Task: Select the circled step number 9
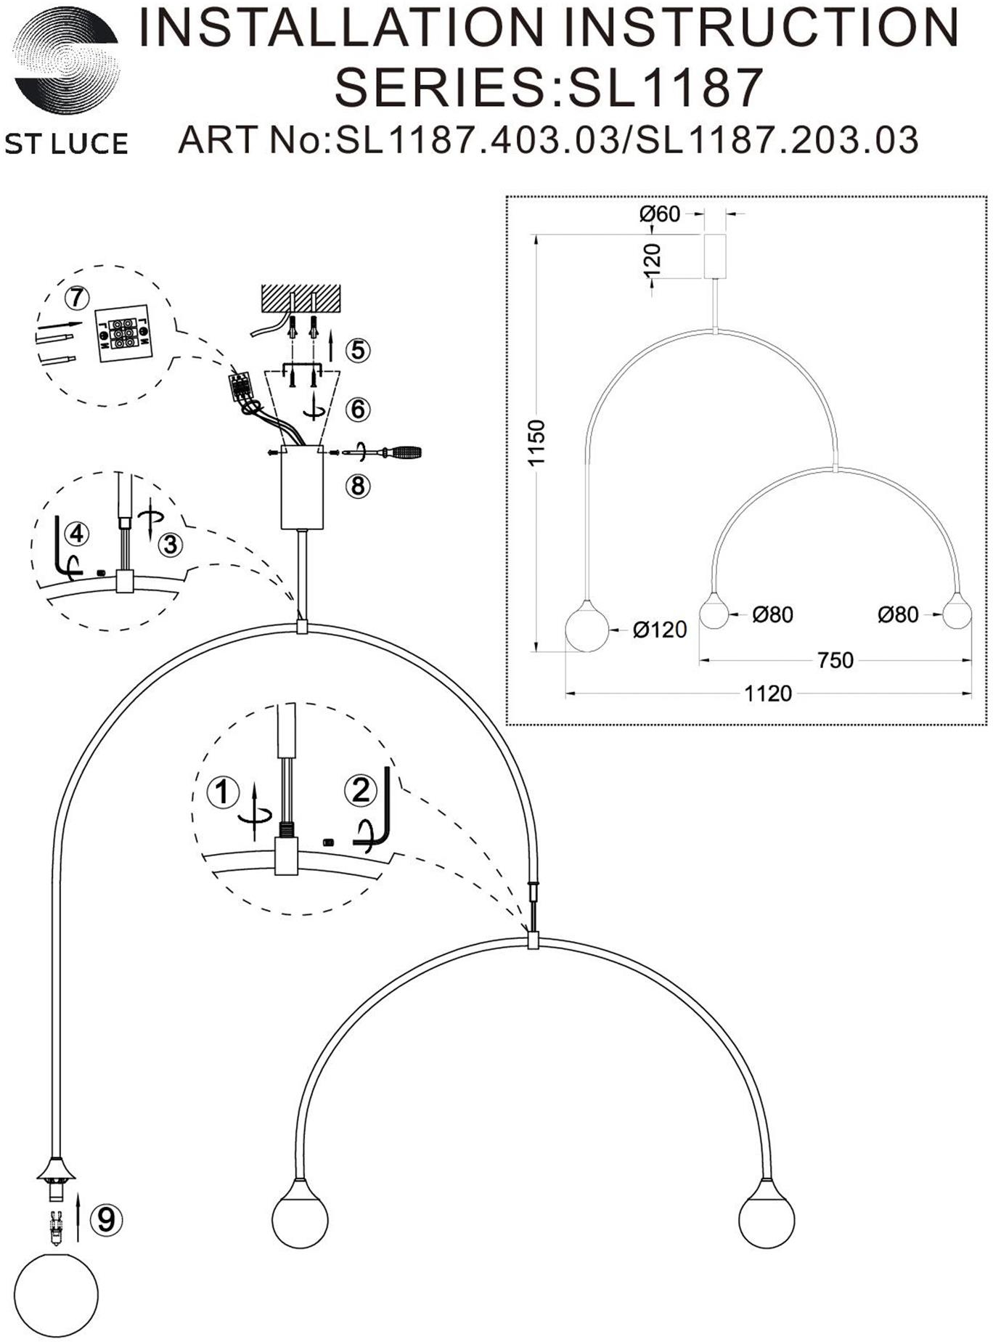(106, 1219)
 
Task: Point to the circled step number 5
(357, 350)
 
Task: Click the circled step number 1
(223, 791)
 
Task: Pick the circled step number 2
(361, 789)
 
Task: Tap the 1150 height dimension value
(536, 442)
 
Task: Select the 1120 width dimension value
(768, 694)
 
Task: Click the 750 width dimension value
(835, 661)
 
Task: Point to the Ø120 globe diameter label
(659, 630)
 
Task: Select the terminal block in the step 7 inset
(123, 331)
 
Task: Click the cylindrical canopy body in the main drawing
(302, 487)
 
